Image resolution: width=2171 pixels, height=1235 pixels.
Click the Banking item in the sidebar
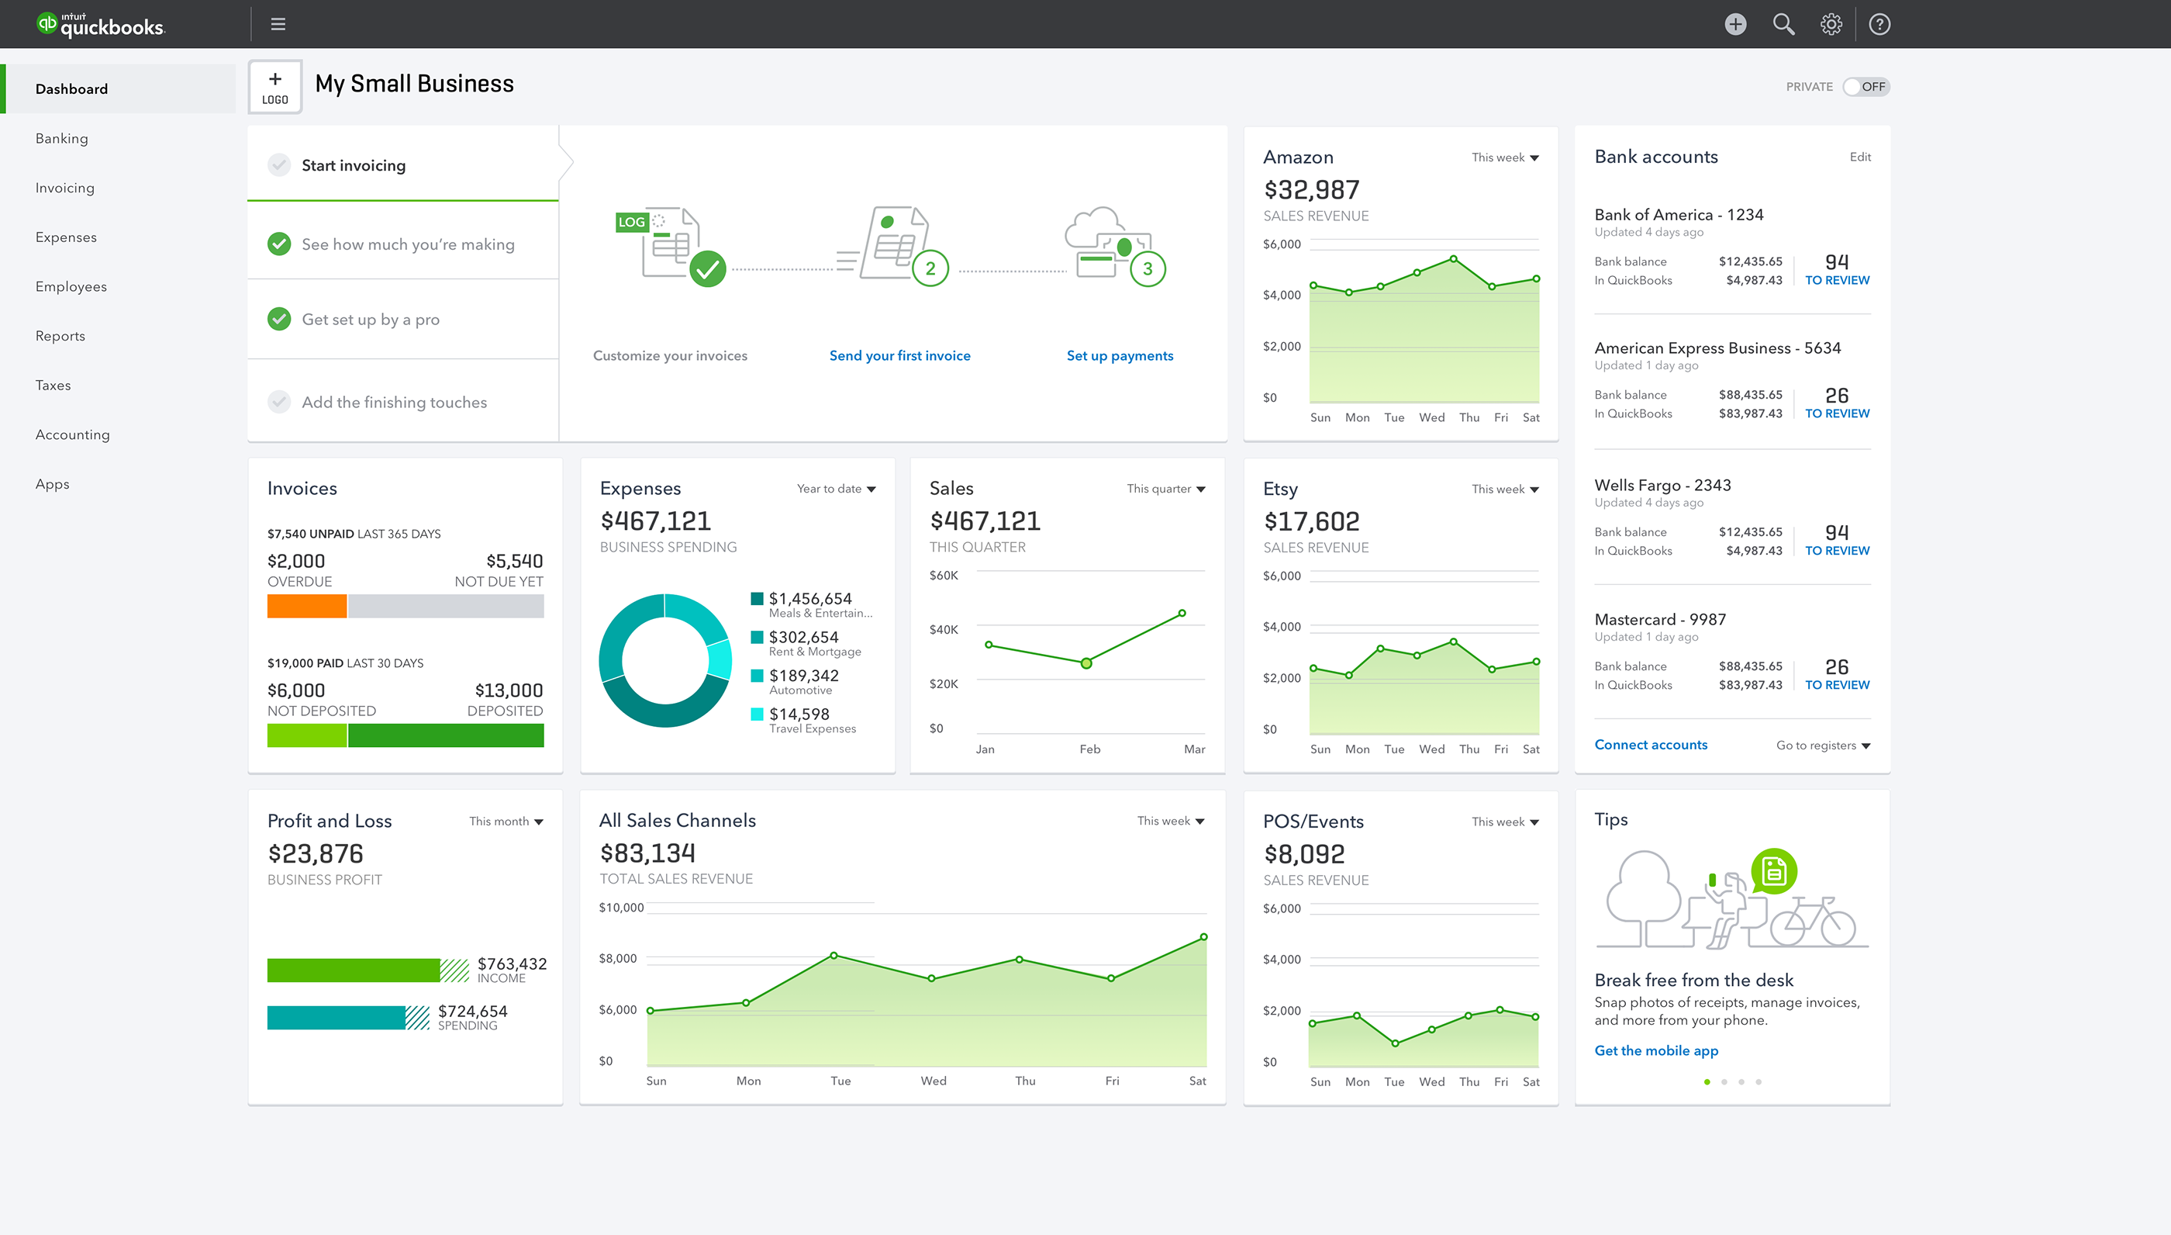tap(61, 138)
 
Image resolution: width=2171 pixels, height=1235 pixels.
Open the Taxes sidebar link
tap(53, 385)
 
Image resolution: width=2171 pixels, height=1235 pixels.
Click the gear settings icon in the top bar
tap(1831, 24)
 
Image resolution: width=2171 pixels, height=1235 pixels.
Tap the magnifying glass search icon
tap(1783, 24)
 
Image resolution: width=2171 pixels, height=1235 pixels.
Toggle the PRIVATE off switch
tap(1866, 87)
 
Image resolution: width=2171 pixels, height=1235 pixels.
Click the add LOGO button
tap(274, 88)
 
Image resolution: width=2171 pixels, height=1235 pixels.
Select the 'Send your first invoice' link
tap(899, 355)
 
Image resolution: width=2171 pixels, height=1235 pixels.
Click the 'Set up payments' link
tap(1120, 355)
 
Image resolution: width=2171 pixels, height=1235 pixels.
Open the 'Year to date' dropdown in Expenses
tap(836, 489)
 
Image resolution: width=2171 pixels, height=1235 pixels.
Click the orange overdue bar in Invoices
tap(307, 606)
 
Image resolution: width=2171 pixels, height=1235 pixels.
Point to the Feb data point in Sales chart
tap(1086, 663)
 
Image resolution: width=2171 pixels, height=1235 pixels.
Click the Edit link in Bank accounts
tap(1860, 157)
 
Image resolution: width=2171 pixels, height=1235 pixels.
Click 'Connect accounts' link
tap(1651, 745)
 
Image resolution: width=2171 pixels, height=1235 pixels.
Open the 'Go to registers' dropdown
tap(1823, 745)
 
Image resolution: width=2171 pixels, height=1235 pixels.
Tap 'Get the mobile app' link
tap(1655, 1050)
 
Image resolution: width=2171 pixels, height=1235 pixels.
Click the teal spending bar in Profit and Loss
tap(336, 1018)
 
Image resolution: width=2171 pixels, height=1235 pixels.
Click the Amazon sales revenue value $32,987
tap(1310, 190)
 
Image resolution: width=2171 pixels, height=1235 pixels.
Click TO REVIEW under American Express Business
tap(1836, 413)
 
